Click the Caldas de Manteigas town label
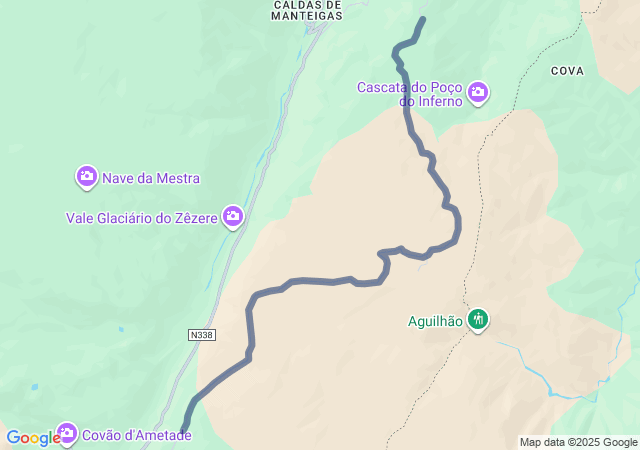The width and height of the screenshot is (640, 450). (x=307, y=10)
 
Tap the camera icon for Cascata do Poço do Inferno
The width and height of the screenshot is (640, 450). (x=478, y=93)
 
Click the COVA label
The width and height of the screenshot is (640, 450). (x=566, y=71)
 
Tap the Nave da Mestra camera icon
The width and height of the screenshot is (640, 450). (x=87, y=177)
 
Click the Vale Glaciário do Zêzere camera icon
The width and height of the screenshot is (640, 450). (x=233, y=215)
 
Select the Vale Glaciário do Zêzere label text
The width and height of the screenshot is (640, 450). (x=142, y=218)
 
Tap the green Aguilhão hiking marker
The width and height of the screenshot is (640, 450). (x=478, y=320)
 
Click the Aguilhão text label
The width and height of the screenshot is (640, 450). (x=435, y=321)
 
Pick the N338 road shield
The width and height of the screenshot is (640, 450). (x=201, y=335)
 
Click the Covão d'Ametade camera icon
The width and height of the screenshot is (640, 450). (x=67, y=433)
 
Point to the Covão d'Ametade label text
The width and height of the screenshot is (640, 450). (x=134, y=435)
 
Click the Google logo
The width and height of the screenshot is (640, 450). (x=32, y=438)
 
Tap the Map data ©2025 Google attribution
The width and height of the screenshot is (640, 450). (x=578, y=442)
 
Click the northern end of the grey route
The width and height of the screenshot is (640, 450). (x=422, y=19)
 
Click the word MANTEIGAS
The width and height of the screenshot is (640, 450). (x=307, y=16)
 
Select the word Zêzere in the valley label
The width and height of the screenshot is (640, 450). (x=195, y=218)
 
